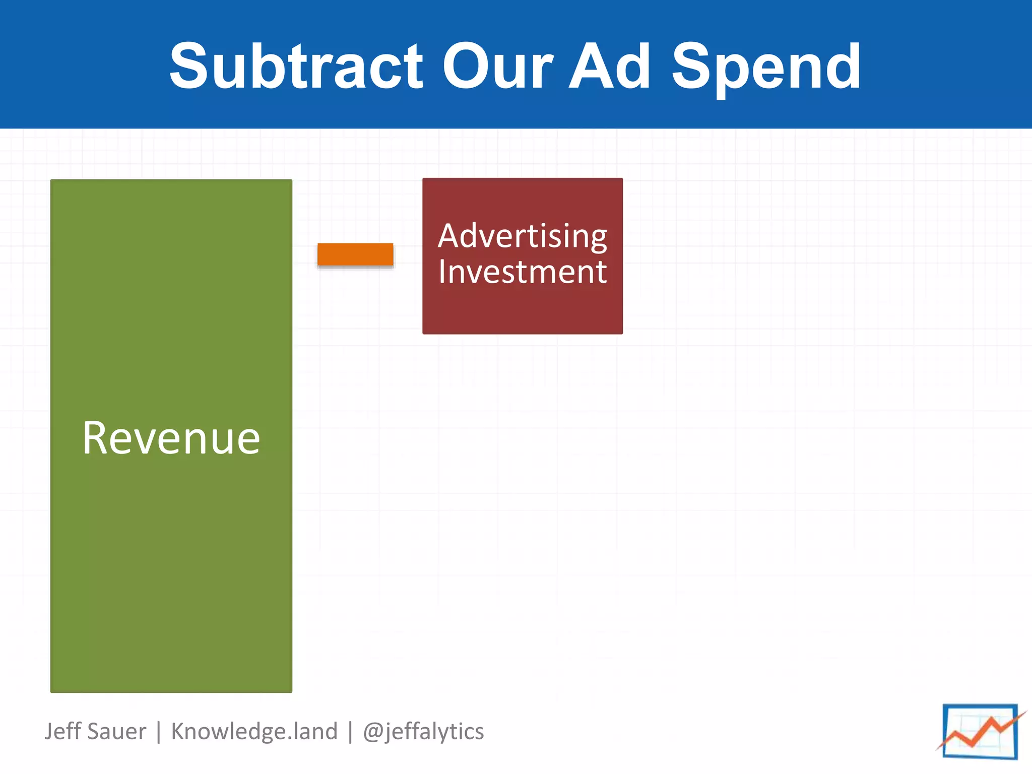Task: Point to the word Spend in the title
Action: (x=766, y=68)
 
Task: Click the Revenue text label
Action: (x=171, y=438)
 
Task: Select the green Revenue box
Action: (x=171, y=579)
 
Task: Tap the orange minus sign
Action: (x=355, y=254)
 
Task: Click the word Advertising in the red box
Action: (x=523, y=236)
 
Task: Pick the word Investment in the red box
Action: (x=523, y=272)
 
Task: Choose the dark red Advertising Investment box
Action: (x=523, y=312)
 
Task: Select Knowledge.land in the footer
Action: (x=254, y=732)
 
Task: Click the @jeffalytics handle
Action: (x=423, y=732)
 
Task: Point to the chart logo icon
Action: (x=980, y=732)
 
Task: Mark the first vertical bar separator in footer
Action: (x=159, y=732)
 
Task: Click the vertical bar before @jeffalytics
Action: (x=350, y=732)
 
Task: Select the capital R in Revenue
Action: (x=96, y=438)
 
